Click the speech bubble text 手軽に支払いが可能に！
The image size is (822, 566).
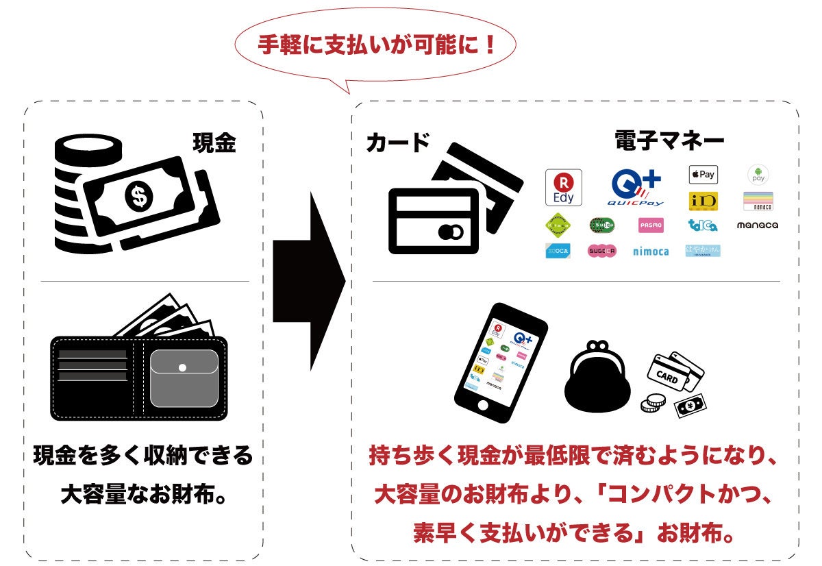376,46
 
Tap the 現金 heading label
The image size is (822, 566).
214,143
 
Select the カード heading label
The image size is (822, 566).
397,143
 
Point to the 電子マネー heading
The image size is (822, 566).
669,142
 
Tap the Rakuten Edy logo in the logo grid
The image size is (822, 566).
563,187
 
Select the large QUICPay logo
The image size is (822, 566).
636,187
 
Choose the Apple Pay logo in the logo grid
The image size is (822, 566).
703,174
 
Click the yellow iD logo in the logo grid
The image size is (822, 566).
703,201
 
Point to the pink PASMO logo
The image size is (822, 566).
650,225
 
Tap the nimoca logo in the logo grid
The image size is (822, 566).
650,251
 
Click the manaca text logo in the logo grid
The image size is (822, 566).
757,225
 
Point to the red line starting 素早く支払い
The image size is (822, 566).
574,532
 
